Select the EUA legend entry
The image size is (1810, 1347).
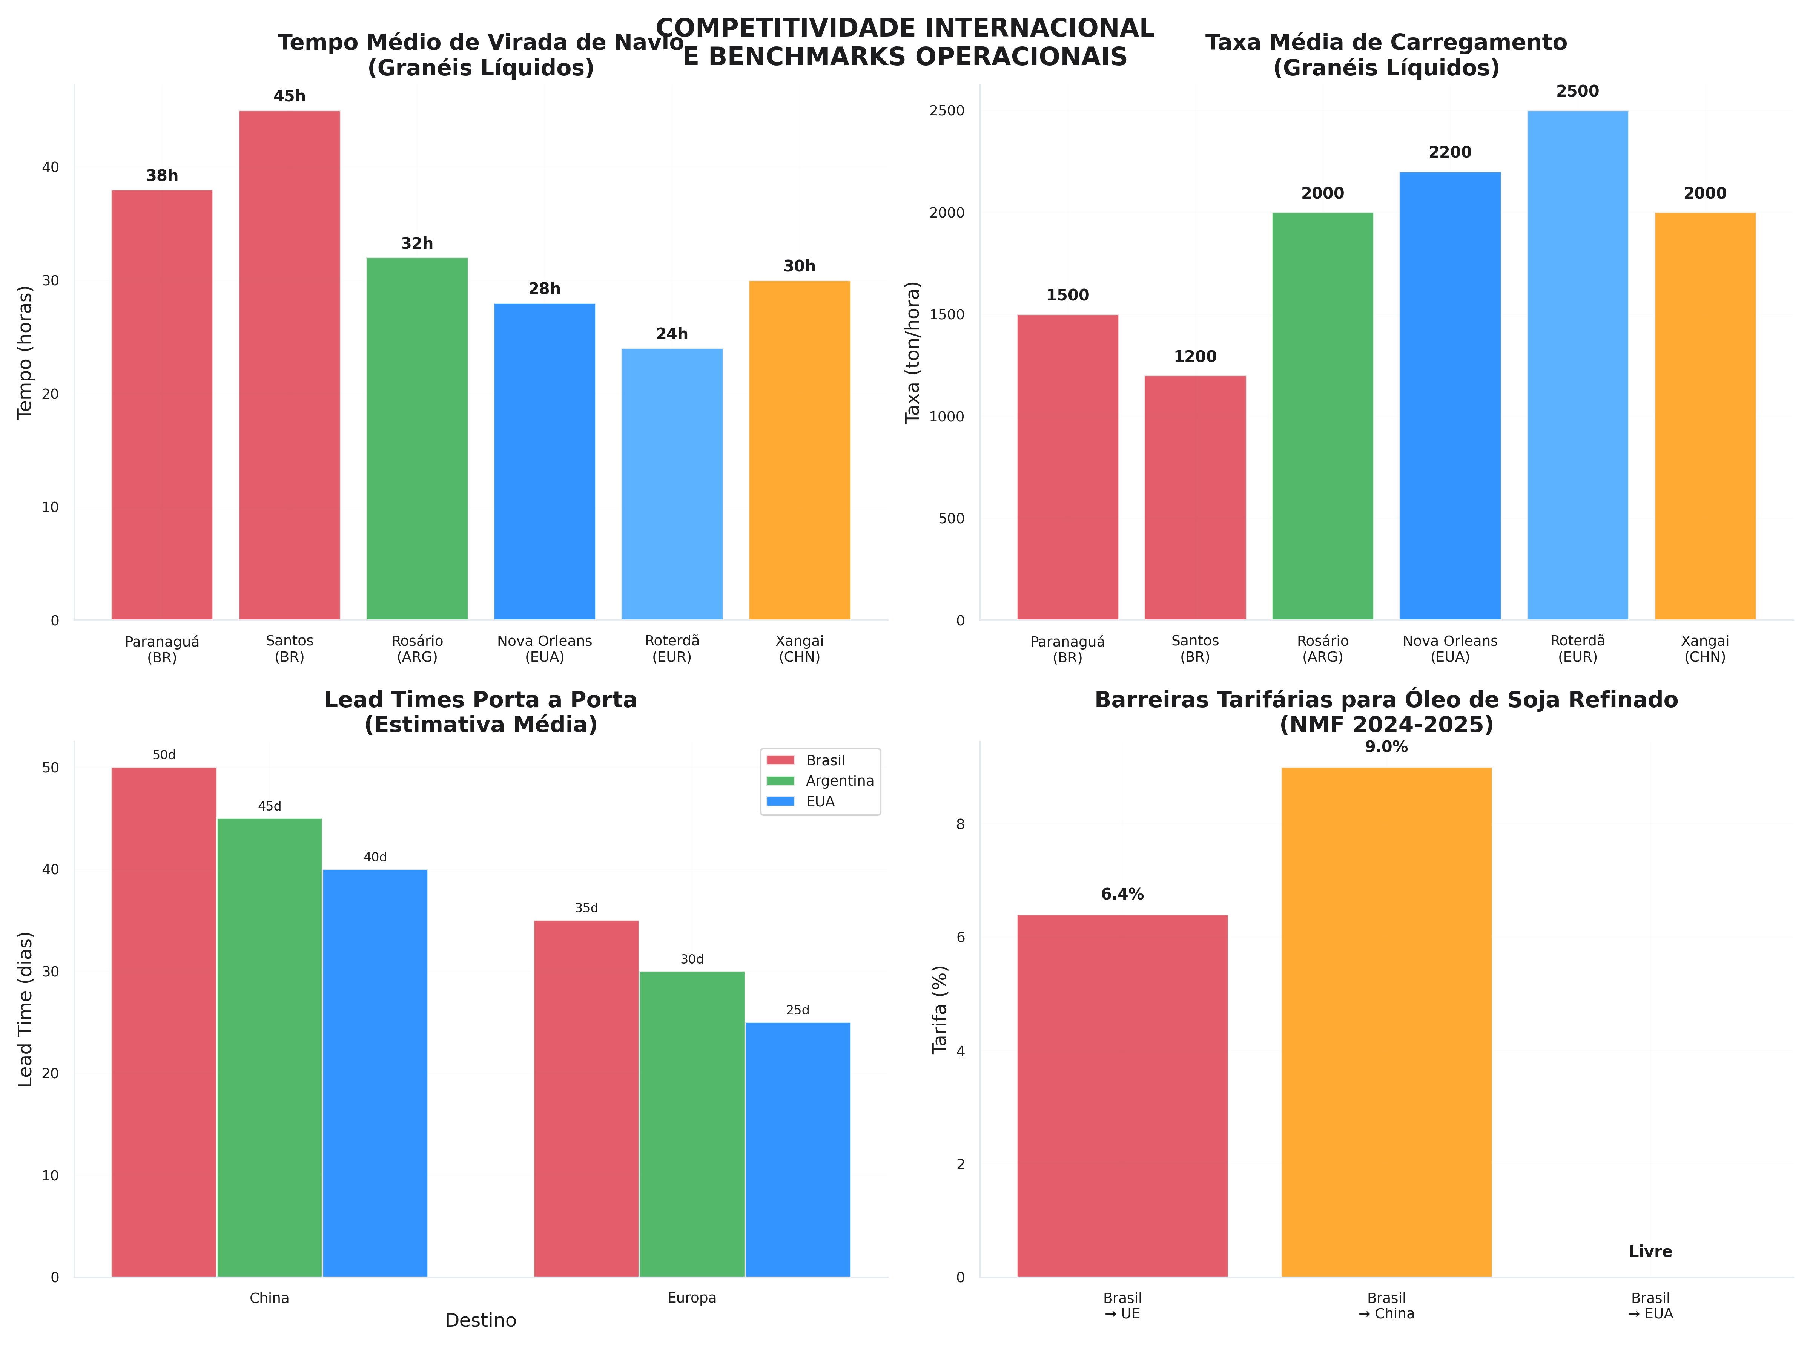(820, 801)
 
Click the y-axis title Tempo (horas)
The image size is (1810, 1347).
(25, 352)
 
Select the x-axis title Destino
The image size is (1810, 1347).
(481, 1321)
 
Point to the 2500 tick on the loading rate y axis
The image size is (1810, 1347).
(946, 111)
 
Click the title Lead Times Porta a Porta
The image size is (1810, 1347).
(481, 700)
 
